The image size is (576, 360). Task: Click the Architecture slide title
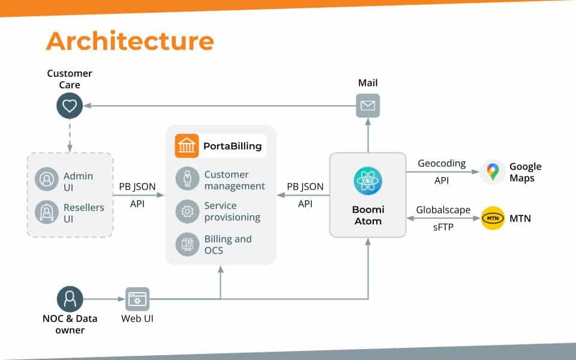pyautogui.click(x=130, y=41)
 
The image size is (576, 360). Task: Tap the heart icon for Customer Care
pyautogui.click(x=70, y=106)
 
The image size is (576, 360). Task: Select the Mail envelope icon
pyautogui.click(x=368, y=106)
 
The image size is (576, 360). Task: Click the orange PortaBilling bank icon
pyautogui.click(x=187, y=146)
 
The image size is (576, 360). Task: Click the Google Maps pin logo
pyautogui.click(x=493, y=172)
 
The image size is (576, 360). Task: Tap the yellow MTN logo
pyautogui.click(x=493, y=218)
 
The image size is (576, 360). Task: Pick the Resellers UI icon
pyautogui.click(x=46, y=213)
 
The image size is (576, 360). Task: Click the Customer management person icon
pyautogui.click(x=187, y=179)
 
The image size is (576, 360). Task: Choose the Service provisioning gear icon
pyautogui.click(x=187, y=211)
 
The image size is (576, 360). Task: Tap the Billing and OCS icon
pyautogui.click(x=187, y=244)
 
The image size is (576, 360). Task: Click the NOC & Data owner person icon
pyautogui.click(x=70, y=299)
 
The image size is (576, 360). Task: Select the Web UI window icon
pyautogui.click(x=137, y=299)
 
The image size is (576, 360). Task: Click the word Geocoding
pyautogui.click(x=442, y=164)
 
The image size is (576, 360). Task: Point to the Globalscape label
pyautogui.click(x=443, y=210)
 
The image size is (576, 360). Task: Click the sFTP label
pyautogui.click(x=443, y=229)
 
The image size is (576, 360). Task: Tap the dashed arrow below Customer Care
pyautogui.click(x=70, y=135)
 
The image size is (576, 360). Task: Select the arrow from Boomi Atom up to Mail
pyautogui.click(x=368, y=134)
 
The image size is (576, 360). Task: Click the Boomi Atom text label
pyautogui.click(x=368, y=215)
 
